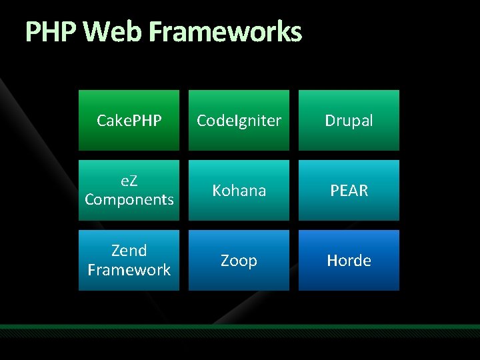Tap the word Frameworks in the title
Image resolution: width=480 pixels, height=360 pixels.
(225, 31)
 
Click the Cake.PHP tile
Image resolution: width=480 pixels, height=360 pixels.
(129, 121)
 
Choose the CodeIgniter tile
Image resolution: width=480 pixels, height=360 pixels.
(239, 121)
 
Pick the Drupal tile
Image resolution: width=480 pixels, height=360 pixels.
(349, 121)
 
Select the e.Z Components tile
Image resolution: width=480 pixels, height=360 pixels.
(129, 190)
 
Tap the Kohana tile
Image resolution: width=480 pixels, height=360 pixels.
(239, 190)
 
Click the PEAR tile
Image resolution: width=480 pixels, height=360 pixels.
(349, 190)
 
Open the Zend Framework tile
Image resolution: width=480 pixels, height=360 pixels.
(129, 260)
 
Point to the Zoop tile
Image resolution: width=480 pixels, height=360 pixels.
(239, 260)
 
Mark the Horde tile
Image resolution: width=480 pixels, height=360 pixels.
(349, 260)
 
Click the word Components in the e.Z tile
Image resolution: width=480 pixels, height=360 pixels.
(129, 199)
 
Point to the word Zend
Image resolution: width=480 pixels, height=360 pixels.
(129, 251)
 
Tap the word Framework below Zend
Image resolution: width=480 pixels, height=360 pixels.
(129, 270)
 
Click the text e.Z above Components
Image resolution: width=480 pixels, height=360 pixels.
(129, 181)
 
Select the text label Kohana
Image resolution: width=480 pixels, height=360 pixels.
(239, 191)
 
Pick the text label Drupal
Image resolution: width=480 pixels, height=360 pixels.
(349, 121)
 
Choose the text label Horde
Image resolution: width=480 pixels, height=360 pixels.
(349, 261)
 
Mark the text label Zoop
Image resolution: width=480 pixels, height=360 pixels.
(239, 261)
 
